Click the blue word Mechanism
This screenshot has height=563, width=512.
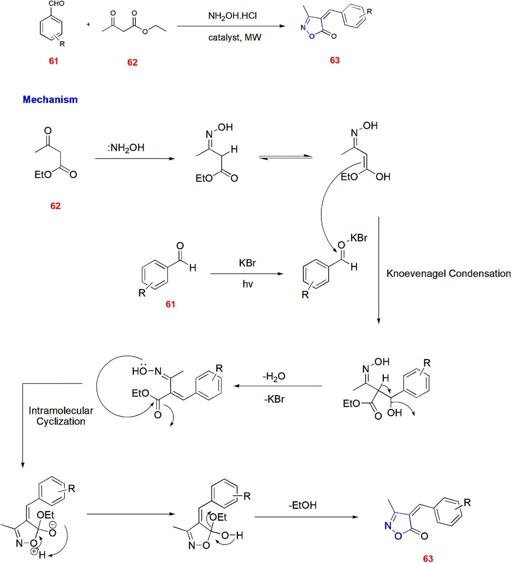click(50, 99)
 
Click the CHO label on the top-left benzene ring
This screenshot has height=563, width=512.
click(56, 3)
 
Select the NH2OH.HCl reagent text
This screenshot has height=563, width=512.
click(232, 16)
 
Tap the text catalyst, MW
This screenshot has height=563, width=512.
click(235, 37)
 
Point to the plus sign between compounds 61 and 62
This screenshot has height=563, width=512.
click(88, 24)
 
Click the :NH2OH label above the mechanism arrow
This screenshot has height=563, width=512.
click(126, 148)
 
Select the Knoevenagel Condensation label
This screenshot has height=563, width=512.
click(448, 274)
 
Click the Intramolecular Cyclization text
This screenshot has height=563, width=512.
click(61, 416)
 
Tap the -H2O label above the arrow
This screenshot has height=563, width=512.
click(274, 376)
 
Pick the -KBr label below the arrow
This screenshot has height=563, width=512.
click(274, 399)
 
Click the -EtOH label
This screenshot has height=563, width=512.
click(302, 505)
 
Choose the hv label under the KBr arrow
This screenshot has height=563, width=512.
click(248, 284)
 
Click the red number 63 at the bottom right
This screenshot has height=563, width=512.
click(428, 558)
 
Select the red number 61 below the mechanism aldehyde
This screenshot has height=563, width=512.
click(170, 304)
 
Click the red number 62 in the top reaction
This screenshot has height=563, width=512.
click(132, 62)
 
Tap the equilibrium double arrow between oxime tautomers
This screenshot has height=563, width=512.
click(285, 157)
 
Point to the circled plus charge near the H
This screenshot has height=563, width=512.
click(34, 551)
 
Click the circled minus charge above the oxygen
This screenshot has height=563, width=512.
click(53, 525)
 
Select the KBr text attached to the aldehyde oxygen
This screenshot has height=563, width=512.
click(359, 238)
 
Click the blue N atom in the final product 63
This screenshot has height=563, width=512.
click(388, 526)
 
